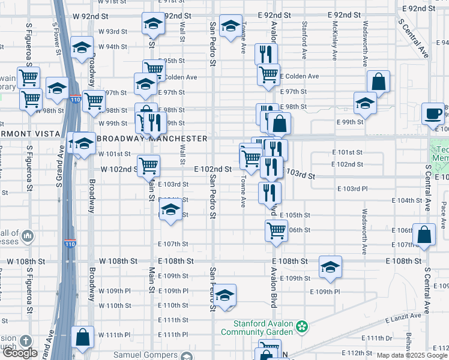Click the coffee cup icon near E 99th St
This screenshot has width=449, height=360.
[433, 113]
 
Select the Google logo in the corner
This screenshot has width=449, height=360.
[20, 353]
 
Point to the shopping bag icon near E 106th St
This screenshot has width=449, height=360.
[424, 236]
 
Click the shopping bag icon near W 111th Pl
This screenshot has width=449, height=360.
[82, 338]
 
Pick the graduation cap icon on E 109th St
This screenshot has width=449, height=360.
[330, 268]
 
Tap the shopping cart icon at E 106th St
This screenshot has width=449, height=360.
[276, 230]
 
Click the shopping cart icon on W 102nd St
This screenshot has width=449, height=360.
[148, 166]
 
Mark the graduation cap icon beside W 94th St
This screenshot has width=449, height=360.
[81, 49]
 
